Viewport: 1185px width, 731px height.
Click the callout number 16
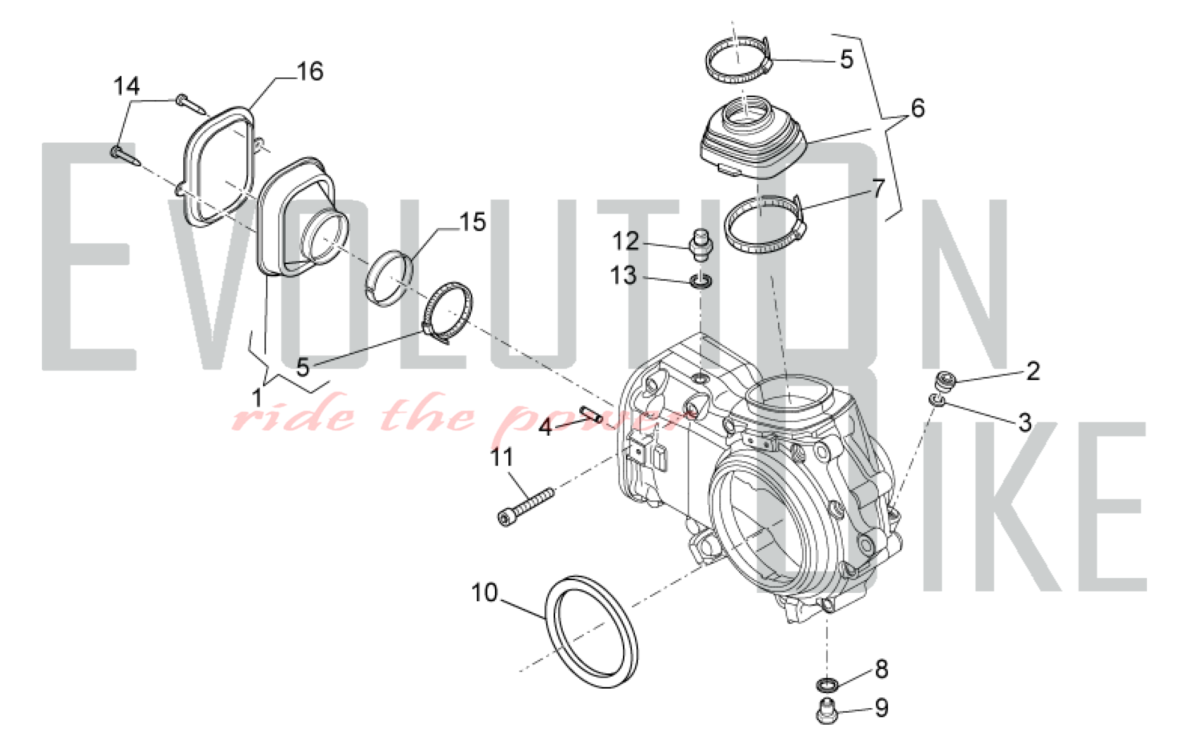click(x=310, y=72)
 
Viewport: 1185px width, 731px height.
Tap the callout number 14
click(x=126, y=86)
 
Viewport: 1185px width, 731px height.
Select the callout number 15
click(x=473, y=222)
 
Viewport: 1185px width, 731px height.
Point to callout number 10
click(x=485, y=593)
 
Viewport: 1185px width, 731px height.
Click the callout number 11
click(x=502, y=457)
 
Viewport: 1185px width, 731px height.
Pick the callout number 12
click(x=625, y=241)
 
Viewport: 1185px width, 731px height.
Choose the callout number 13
click(x=624, y=276)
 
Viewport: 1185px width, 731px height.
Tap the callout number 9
click(x=881, y=708)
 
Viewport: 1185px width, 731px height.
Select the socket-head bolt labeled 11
click(x=526, y=507)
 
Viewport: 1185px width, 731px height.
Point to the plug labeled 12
click(x=700, y=245)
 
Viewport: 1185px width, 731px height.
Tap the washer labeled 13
click(x=701, y=281)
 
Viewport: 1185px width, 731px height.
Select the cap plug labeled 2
click(x=945, y=381)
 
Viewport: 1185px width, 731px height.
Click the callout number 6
click(x=918, y=108)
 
